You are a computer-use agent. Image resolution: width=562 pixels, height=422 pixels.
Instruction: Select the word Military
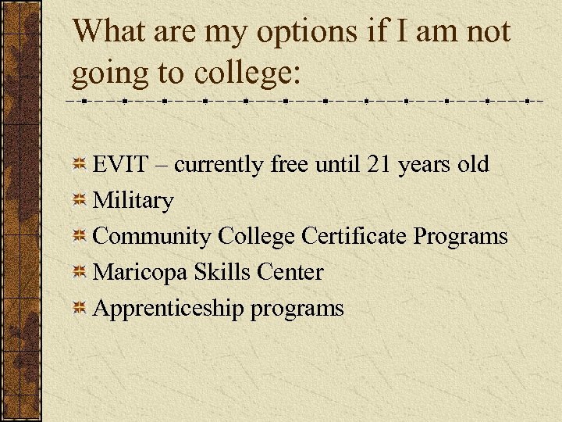[x=133, y=201]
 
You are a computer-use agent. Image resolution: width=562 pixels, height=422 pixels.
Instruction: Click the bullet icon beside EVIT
[x=80, y=166]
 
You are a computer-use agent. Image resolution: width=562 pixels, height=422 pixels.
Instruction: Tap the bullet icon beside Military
[x=80, y=202]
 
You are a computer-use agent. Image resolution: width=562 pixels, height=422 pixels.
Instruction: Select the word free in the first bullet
[x=289, y=165]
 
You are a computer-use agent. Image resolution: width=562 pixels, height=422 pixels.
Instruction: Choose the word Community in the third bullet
[x=152, y=237]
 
